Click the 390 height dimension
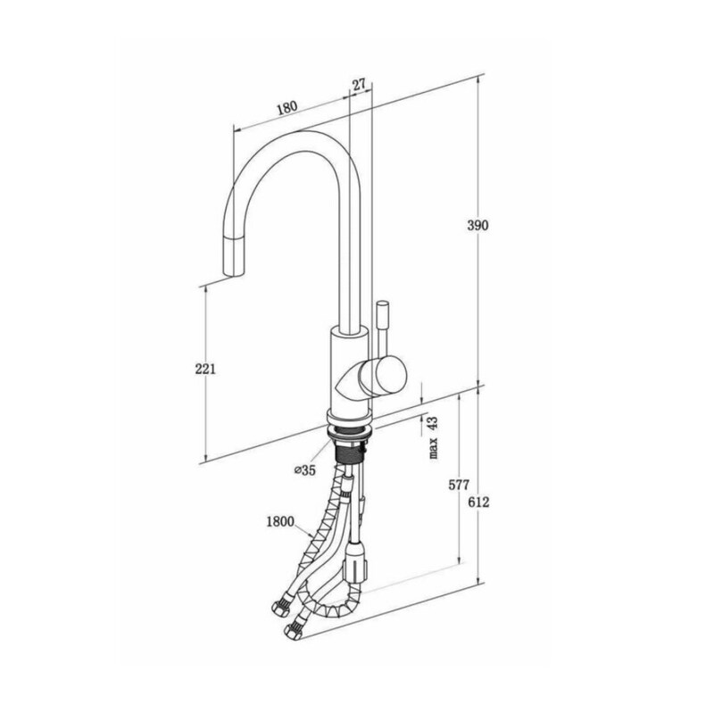coord(477,225)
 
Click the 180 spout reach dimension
coord(286,108)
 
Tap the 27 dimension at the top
coord(359,84)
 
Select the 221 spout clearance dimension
coord(205,369)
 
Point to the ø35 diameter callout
coord(305,470)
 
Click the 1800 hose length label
coord(280,521)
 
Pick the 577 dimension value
coord(459,485)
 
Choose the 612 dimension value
coord(478,502)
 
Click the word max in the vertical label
coord(433,448)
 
